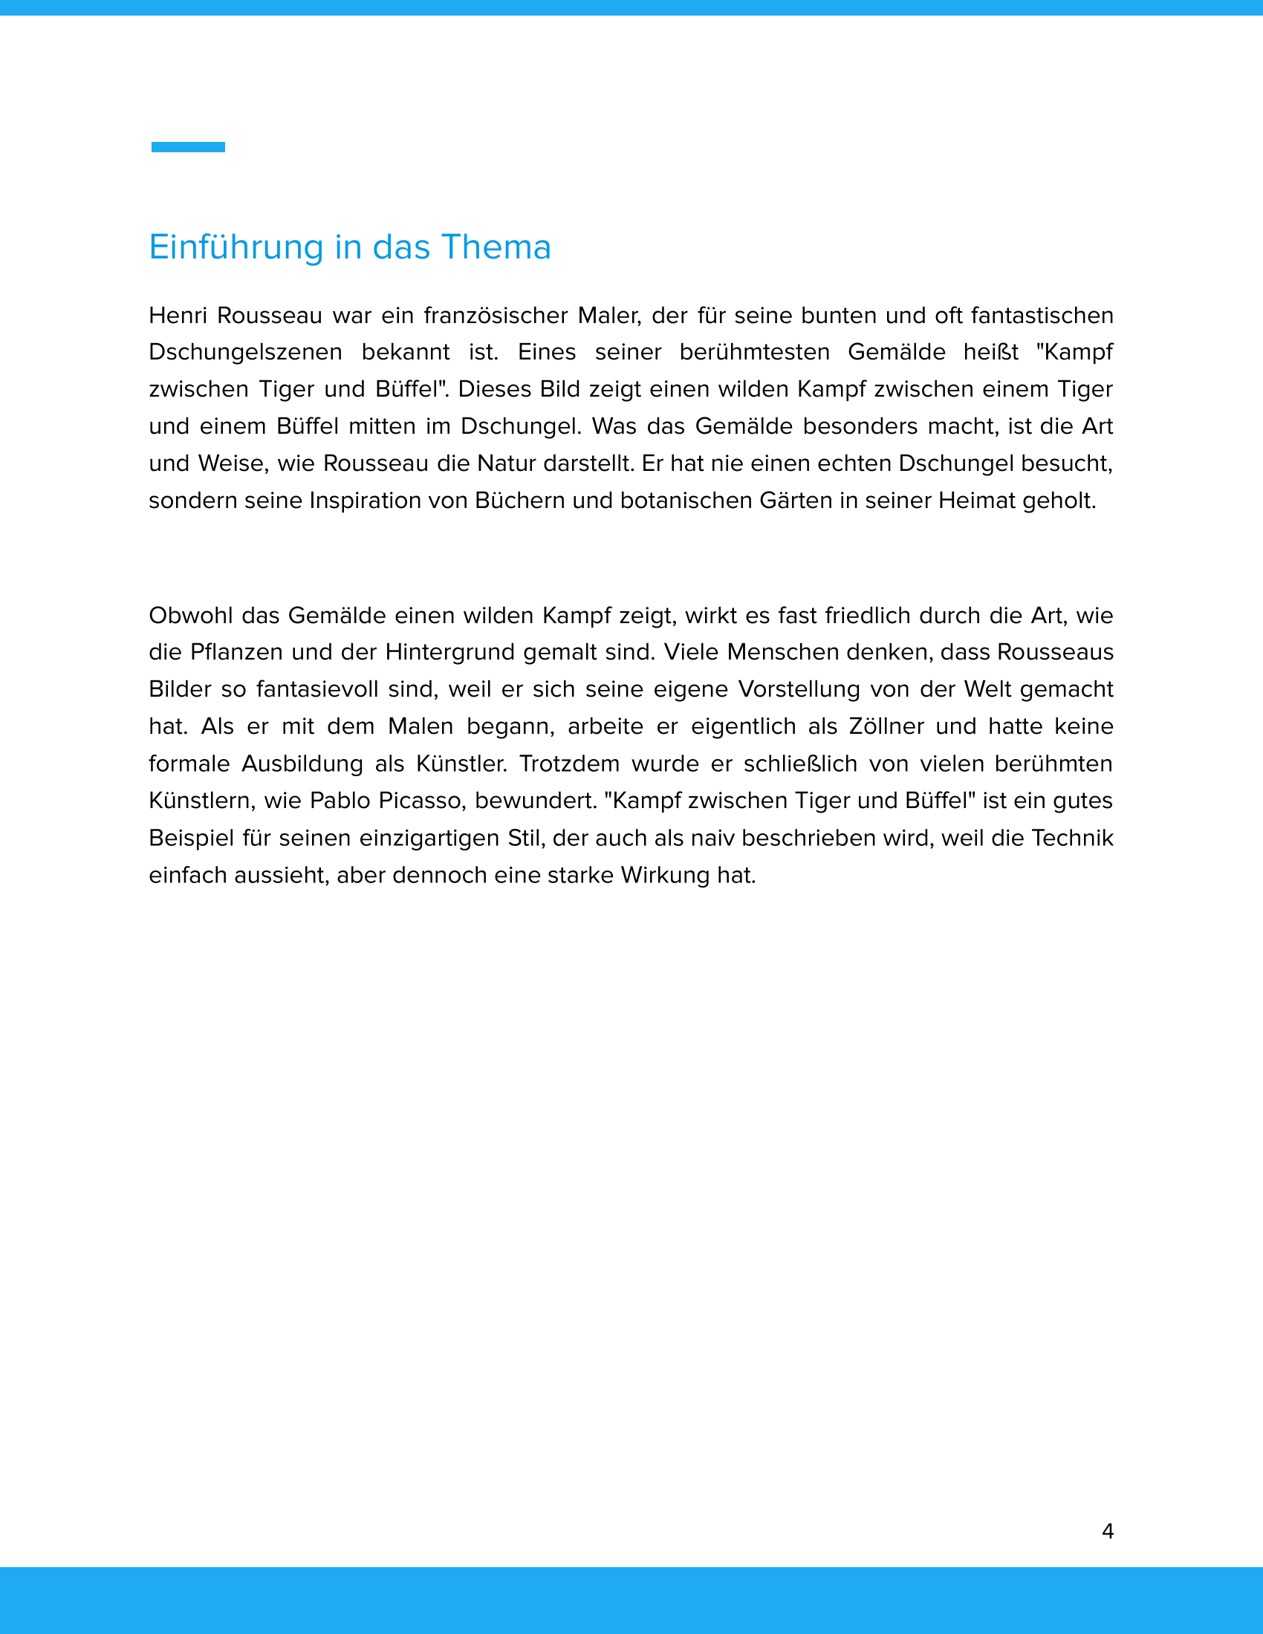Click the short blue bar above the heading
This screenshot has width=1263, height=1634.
[x=188, y=147]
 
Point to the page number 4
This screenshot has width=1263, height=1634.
[x=1108, y=1532]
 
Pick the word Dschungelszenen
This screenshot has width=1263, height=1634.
[x=245, y=352]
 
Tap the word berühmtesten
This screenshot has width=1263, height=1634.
[x=754, y=352]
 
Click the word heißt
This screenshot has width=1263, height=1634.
[x=990, y=352]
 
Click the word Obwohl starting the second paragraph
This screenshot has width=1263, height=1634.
[x=191, y=616]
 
